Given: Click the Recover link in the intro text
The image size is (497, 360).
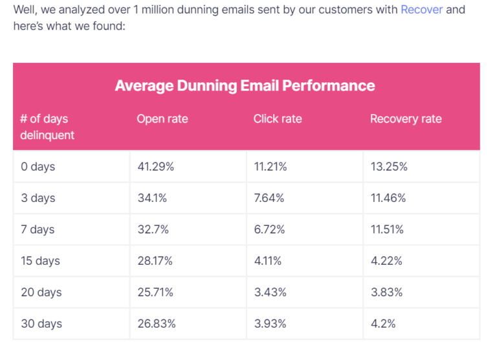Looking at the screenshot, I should coord(421,10).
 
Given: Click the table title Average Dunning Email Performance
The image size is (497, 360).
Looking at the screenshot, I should coord(245,85).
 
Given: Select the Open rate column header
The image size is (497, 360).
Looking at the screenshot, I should coord(162,119).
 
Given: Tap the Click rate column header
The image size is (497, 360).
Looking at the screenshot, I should coord(278,119).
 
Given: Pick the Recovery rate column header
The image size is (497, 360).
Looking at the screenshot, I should coord(406,119).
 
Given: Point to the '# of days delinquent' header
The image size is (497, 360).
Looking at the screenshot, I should coord(47,127).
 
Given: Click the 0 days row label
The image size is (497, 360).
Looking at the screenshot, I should coord(38,167).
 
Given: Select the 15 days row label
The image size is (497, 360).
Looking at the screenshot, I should coord(41,261).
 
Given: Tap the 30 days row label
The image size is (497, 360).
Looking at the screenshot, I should coord(41,324).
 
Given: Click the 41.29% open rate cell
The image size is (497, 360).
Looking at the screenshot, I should coord(156,167).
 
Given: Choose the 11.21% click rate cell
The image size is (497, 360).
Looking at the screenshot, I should coord(270,167).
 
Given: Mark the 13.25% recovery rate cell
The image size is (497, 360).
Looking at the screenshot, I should coord(389,167).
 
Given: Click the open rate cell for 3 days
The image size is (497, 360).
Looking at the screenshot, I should coord(153,198).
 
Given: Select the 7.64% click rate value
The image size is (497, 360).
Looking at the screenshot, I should coord(269,198).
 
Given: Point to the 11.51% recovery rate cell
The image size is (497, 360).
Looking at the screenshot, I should coord(387,230).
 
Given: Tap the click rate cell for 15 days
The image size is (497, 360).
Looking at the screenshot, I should coord(267,261).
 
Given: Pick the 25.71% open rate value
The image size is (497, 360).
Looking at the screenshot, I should coord(155,293).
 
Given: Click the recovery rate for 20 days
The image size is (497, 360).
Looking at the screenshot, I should coord(386,293).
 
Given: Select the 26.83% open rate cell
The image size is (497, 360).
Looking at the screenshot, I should coord(156,324).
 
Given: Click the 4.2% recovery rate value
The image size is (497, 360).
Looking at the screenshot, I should coord(383,324).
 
